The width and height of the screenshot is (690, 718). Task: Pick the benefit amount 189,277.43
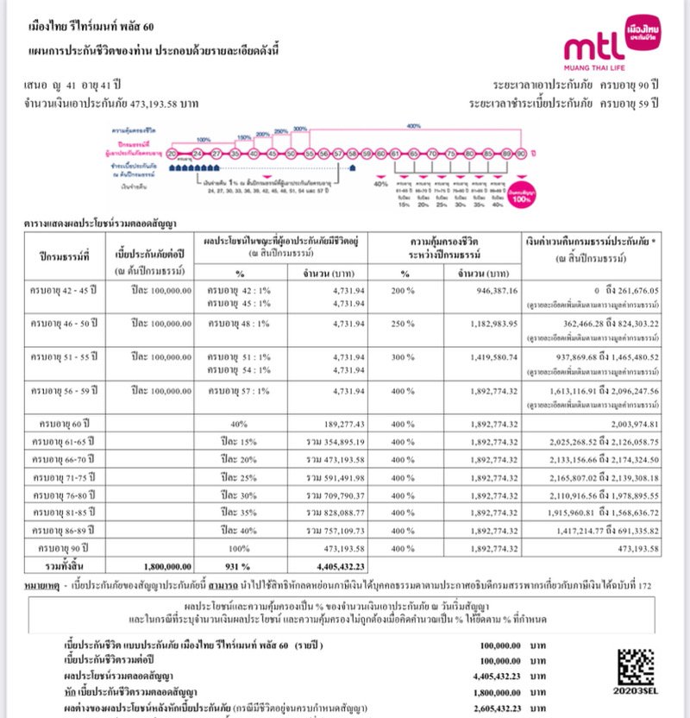tap(341, 425)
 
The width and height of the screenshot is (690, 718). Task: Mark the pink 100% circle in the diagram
tap(520, 195)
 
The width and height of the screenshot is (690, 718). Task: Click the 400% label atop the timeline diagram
tap(413, 126)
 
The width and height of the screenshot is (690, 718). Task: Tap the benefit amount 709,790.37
tap(331, 495)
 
